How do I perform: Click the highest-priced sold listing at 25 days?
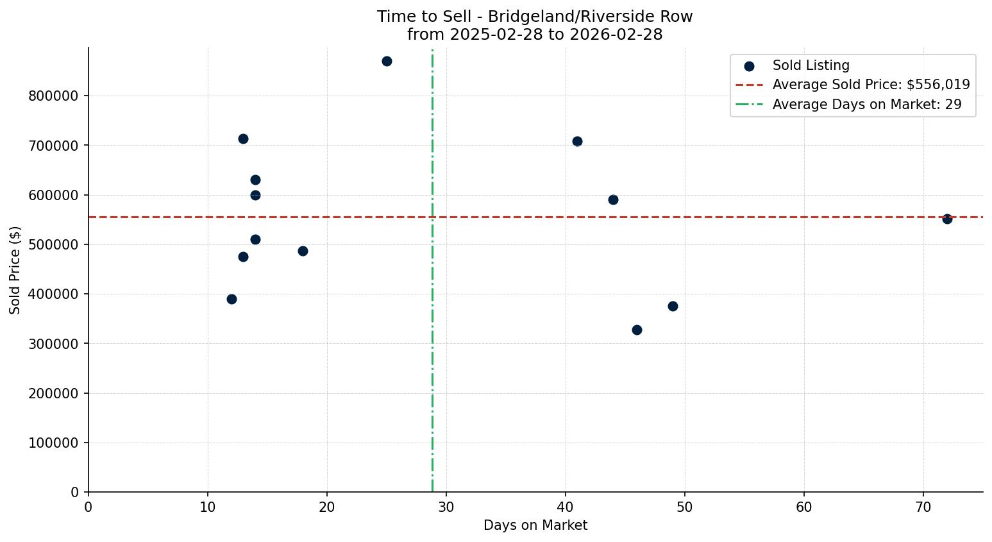(x=387, y=62)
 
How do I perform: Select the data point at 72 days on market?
(x=947, y=219)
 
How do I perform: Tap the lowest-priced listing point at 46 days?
(x=637, y=330)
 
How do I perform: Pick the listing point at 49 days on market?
(x=673, y=306)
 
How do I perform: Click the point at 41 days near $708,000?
(x=577, y=141)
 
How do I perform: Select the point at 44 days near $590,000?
(x=613, y=199)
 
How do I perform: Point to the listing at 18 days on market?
(x=303, y=251)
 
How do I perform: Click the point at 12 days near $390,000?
(x=231, y=299)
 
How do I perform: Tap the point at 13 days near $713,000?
(x=243, y=139)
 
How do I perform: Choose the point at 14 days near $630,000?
(x=255, y=180)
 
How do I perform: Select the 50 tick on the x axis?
(x=685, y=507)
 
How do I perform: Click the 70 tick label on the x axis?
(x=923, y=507)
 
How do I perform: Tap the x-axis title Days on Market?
(x=535, y=525)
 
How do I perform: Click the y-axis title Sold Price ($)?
(x=15, y=270)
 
